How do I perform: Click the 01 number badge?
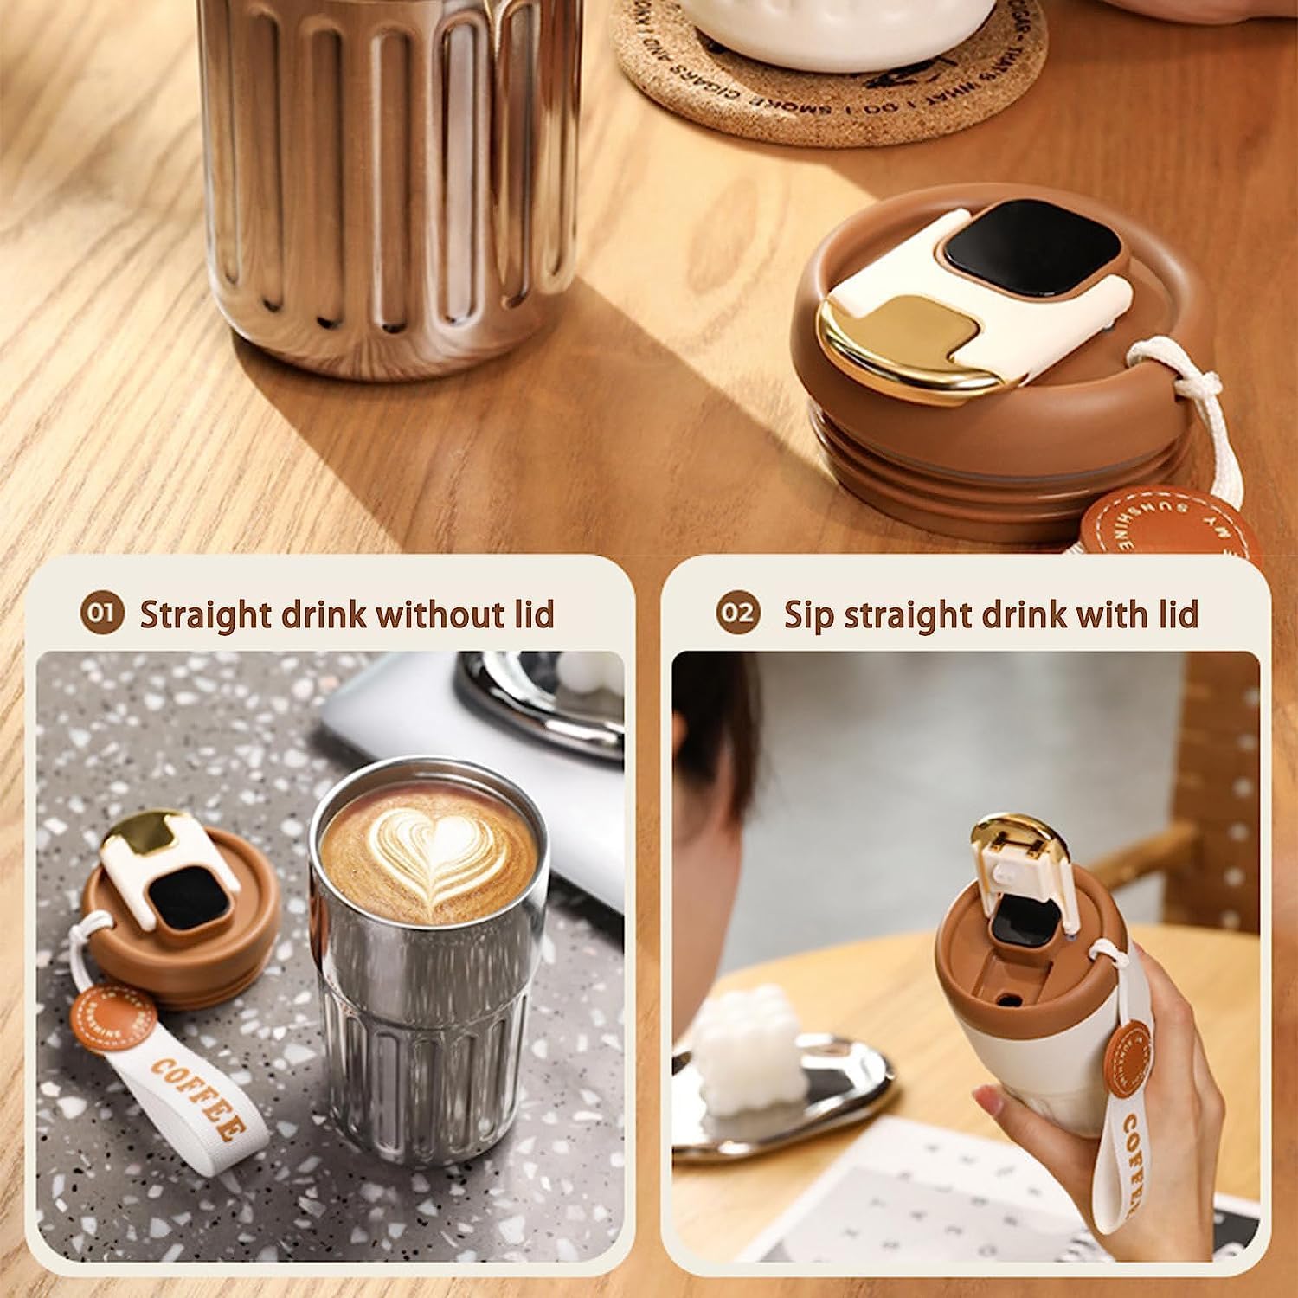tap(102, 613)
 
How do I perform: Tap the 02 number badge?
tap(737, 613)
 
